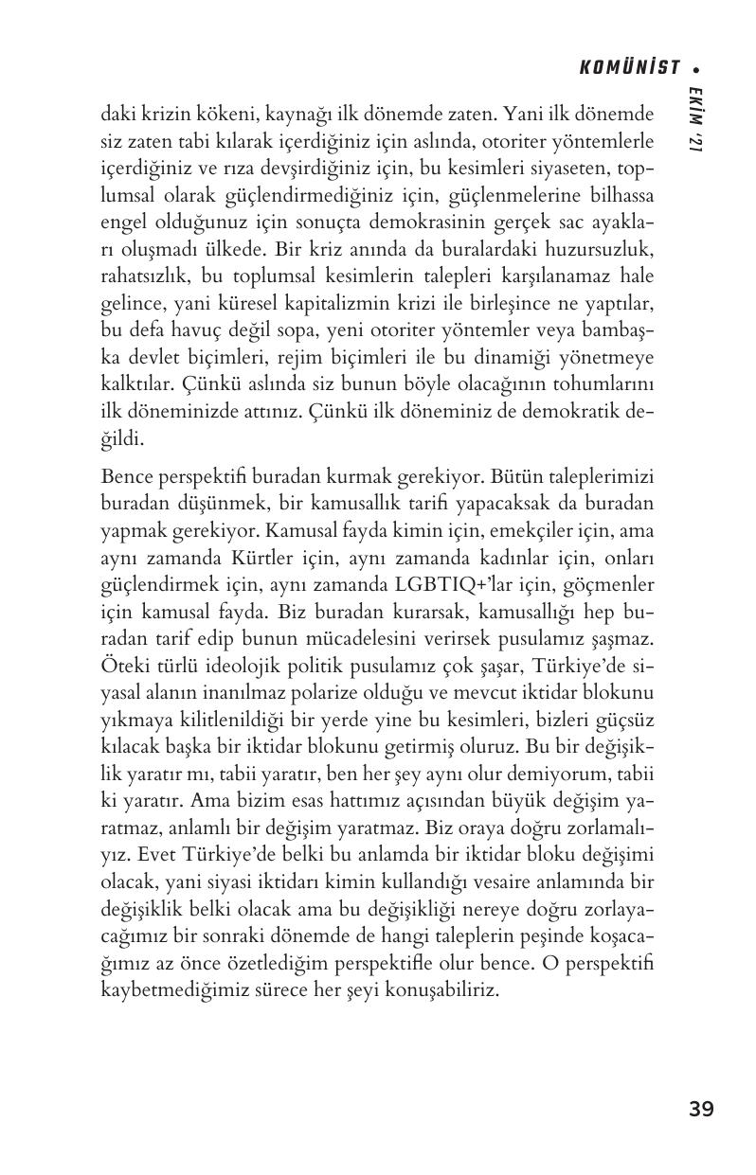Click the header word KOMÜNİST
[x=630, y=67]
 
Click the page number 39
[x=701, y=1109]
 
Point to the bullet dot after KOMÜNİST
[x=696, y=68]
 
